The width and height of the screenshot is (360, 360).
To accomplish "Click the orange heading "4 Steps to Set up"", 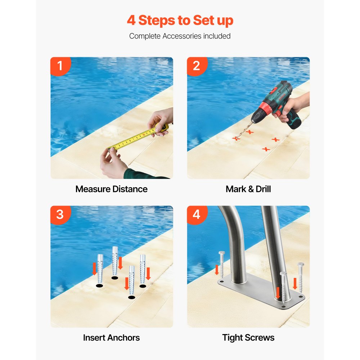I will pos(180,21).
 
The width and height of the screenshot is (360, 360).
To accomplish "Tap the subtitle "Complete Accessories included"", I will pos(180,36).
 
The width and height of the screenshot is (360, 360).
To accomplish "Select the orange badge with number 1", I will pos(60,66).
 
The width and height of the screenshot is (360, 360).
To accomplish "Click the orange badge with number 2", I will pos(196,66).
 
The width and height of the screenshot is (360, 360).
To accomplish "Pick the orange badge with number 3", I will pos(60,215).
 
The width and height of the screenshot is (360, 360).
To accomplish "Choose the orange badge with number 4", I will pos(196,215).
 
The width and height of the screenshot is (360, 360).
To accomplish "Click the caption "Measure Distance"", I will pos(112,189).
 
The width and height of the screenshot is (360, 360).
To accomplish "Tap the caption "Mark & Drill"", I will pos(248,189).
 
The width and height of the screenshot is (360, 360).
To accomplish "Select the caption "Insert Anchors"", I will pos(112,338).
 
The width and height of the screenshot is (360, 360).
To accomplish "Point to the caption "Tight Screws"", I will pos(248,338).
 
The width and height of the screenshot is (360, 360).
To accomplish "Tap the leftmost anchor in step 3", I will pos(100,268).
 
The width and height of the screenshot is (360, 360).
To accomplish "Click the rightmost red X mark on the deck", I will pos(276,139).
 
